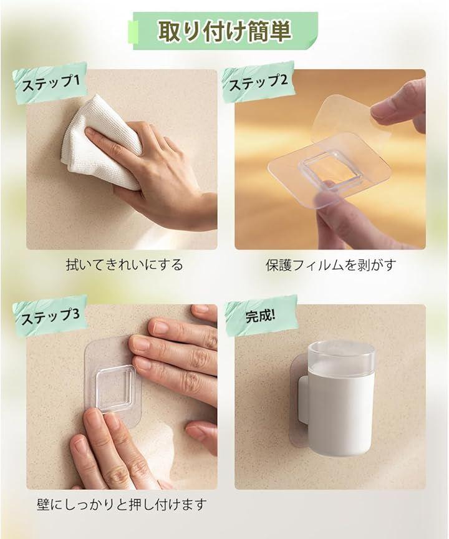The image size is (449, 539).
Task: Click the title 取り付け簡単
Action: (x=224, y=31)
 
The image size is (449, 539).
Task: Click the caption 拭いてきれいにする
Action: (x=124, y=265)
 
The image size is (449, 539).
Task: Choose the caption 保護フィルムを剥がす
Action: (x=331, y=265)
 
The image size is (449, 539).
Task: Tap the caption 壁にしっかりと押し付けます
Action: (x=122, y=505)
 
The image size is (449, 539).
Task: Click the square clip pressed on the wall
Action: (x=115, y=388)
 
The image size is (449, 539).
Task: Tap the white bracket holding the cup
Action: (x=303, y=399)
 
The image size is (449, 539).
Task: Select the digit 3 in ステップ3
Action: (x=75, y=313)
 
